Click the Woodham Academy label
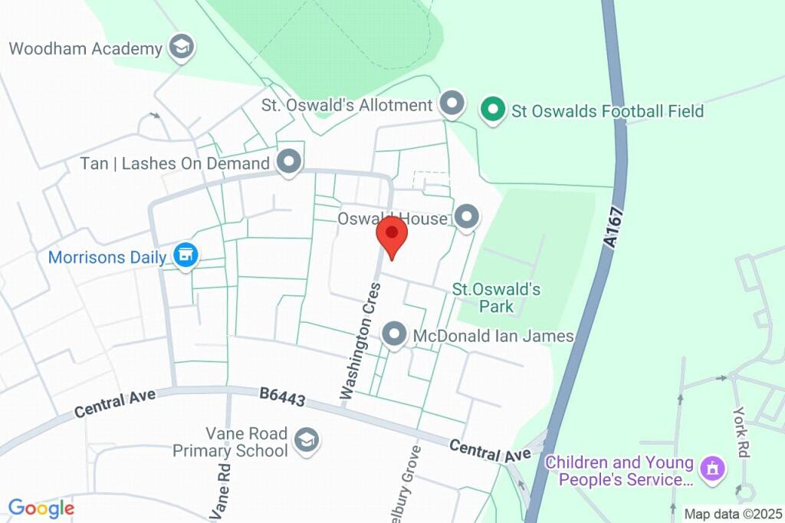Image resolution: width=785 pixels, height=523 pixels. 86,49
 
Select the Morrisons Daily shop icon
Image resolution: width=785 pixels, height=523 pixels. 185,256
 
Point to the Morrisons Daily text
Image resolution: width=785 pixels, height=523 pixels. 107,258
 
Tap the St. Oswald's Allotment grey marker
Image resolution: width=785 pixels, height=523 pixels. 452,104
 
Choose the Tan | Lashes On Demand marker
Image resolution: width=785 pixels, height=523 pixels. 289,162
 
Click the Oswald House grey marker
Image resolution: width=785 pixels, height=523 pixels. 467,218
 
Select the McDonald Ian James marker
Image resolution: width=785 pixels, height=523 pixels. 395,334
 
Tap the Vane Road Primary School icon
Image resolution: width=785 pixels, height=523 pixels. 307,440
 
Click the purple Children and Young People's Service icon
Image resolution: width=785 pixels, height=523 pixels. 713,468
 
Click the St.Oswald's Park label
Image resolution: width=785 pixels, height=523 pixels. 496,298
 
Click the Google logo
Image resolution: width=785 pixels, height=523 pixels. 41,508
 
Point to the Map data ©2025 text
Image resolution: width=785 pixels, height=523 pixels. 734,514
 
